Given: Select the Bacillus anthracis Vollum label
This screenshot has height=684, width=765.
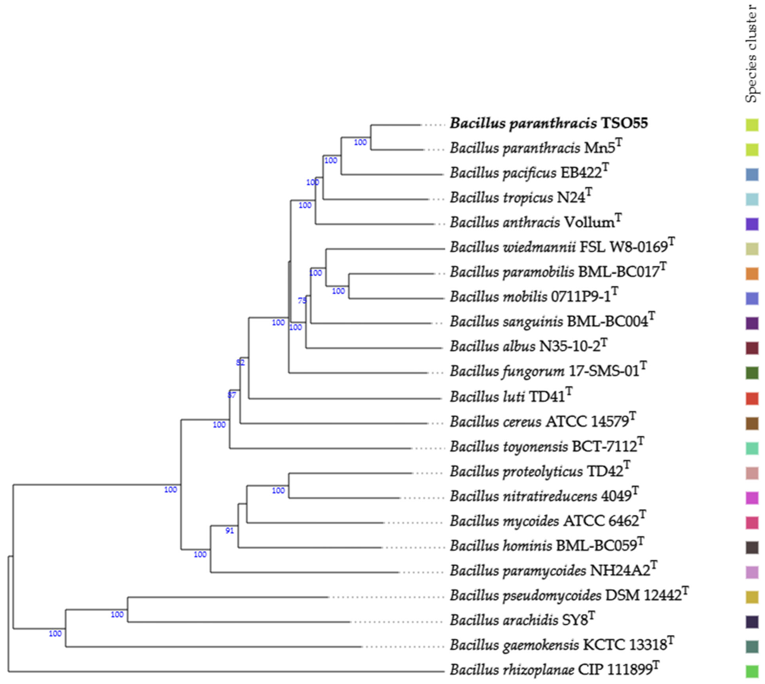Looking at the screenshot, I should tap(535, 222).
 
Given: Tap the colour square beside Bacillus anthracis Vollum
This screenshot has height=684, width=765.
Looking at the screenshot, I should tap(752, 224).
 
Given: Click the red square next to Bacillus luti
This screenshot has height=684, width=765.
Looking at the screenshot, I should tap(752, 398).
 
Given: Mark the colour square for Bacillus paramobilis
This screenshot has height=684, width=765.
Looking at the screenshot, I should tap(752, 274).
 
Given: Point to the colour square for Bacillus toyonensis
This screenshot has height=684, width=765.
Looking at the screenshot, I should tap(752, 448).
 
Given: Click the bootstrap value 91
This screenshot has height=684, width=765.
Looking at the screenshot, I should tap(229, 531).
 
